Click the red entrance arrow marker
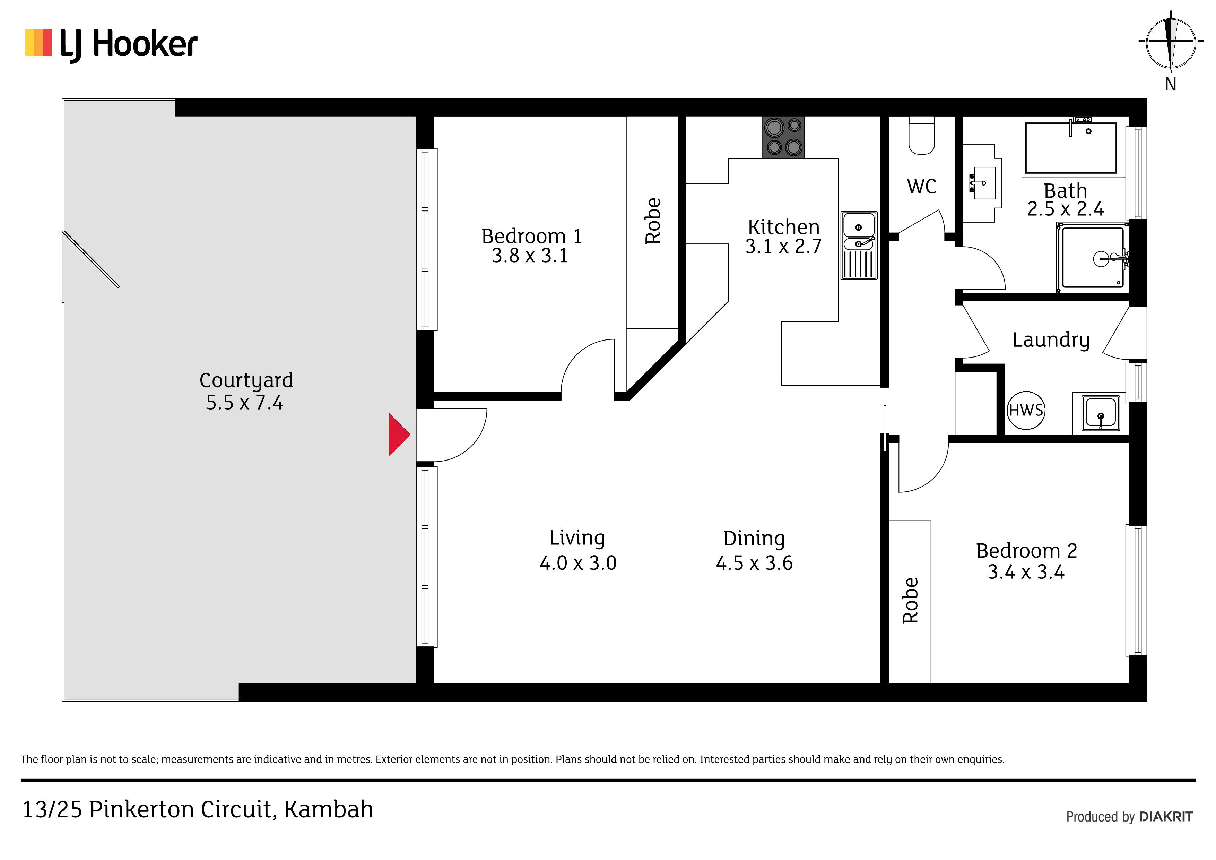point(398,435)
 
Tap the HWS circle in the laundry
point(1026,410)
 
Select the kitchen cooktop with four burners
point(783,137)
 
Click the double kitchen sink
point(859,245)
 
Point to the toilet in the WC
point(922,136)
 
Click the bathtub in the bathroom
point(1070,148)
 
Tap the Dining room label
point(754,539)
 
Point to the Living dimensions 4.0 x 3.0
point(578,563)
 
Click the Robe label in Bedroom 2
point(910,600)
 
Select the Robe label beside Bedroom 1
point(653,221)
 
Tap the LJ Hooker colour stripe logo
point(38,42)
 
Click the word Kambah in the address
point(328,809)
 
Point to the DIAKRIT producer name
point(1166,817)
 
